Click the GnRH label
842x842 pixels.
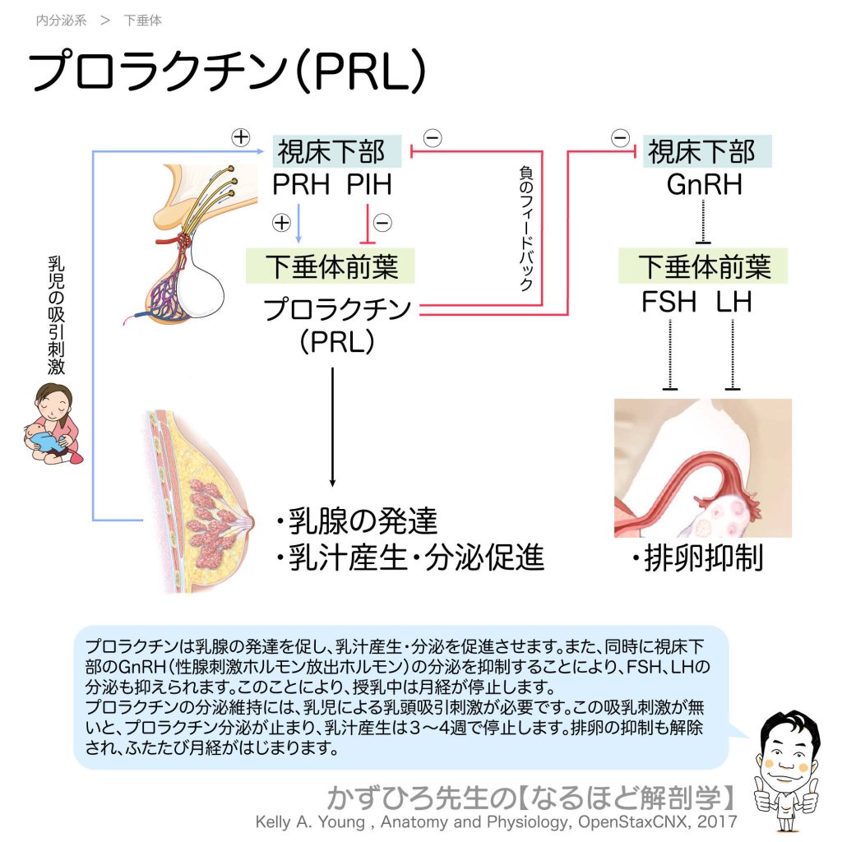coord(704,184)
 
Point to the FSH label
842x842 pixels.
coord(669,302)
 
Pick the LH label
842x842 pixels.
coord(733,302)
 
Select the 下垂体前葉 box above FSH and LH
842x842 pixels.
coord(704,266)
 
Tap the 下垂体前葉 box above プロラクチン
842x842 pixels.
coord(331,266)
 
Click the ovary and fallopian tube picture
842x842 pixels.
coord(703,468)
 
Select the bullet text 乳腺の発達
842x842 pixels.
coord(362,521)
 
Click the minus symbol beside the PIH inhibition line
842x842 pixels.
coord(382,222)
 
